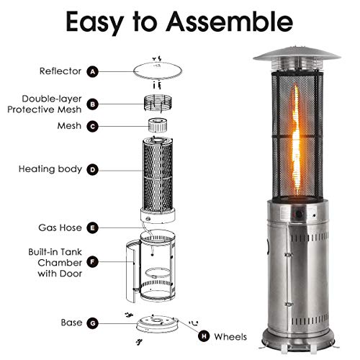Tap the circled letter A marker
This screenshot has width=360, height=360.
pos(92,71)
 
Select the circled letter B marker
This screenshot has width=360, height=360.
pos(92,104)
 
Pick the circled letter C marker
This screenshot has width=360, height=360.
pos(92,126)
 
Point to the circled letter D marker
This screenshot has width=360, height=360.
pos(92,171)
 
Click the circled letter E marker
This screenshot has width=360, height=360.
pos(92,228)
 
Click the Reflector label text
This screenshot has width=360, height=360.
pos(60,71)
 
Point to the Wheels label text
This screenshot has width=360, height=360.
pos(230,336)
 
